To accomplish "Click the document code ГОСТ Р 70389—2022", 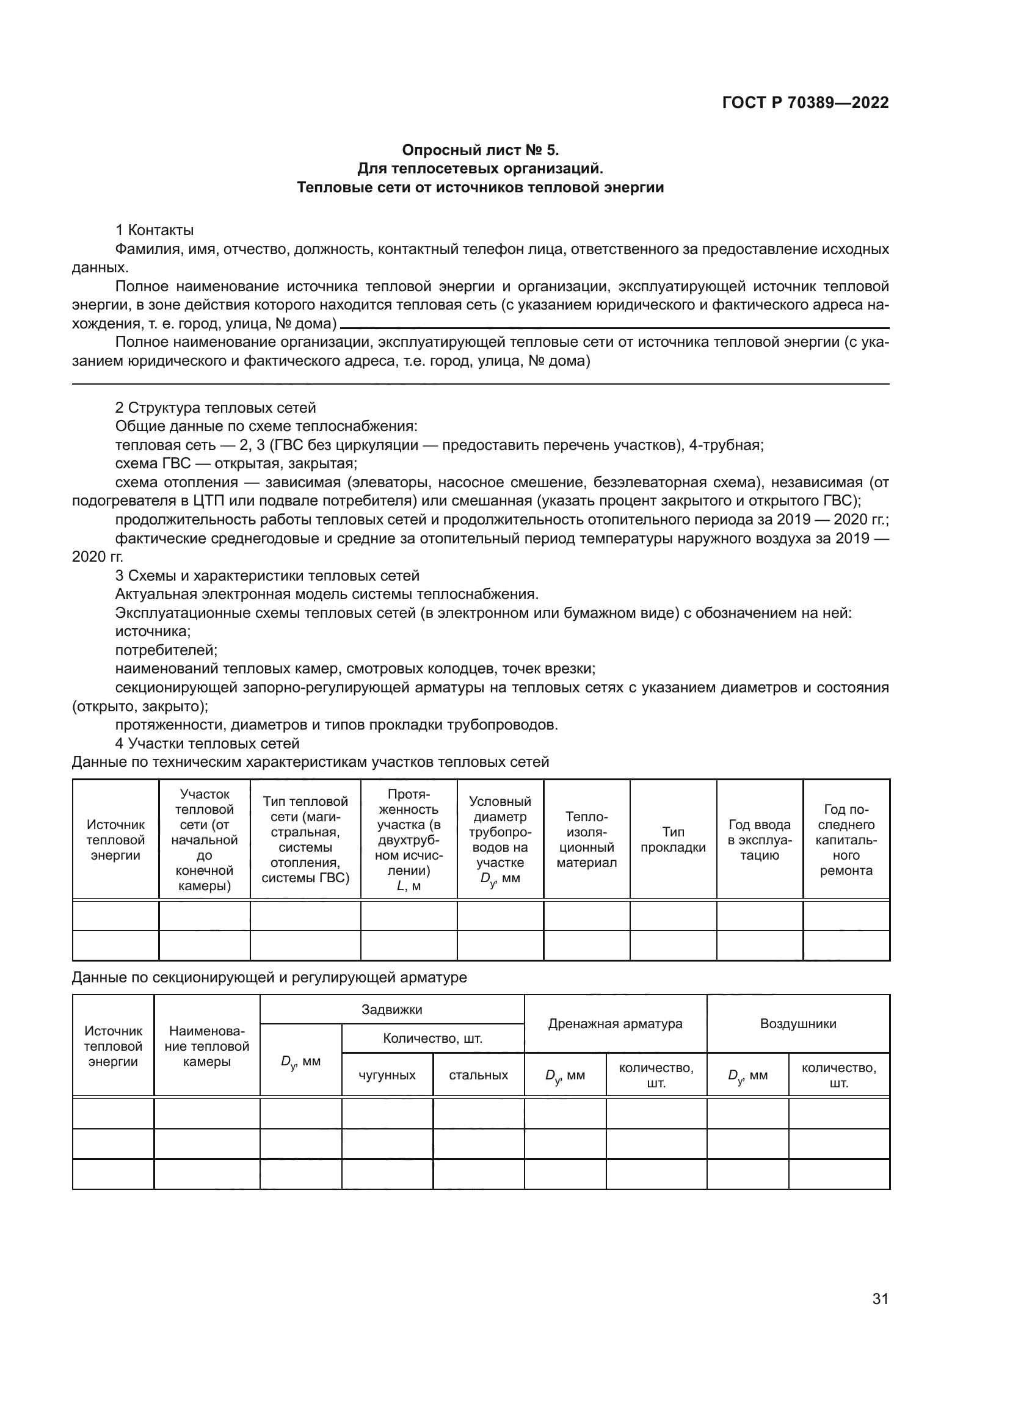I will (x=805, y=103).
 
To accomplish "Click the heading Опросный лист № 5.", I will (x=480, y=150).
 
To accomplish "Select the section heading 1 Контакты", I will (x=155, y=230).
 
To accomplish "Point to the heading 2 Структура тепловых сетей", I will (x=216, y=408).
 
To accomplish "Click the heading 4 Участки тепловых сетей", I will (x=207, y=744).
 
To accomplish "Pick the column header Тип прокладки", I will (x=673, y=840).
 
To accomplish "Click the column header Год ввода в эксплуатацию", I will (x=760, y=840).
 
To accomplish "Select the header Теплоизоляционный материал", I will (x=586, y=840).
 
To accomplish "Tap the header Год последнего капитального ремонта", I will (x=846, y=840).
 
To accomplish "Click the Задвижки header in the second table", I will (x=392, y=1009).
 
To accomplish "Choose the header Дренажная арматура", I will (x=615, y=1024).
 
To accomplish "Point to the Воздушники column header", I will (x=798, y=1024).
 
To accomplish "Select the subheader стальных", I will (x=478, y=1075).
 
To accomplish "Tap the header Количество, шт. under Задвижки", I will (x=432, y=1038).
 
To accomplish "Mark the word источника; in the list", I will (x=153, y=632).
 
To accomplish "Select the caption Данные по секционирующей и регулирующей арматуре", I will (x=269, y=977).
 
